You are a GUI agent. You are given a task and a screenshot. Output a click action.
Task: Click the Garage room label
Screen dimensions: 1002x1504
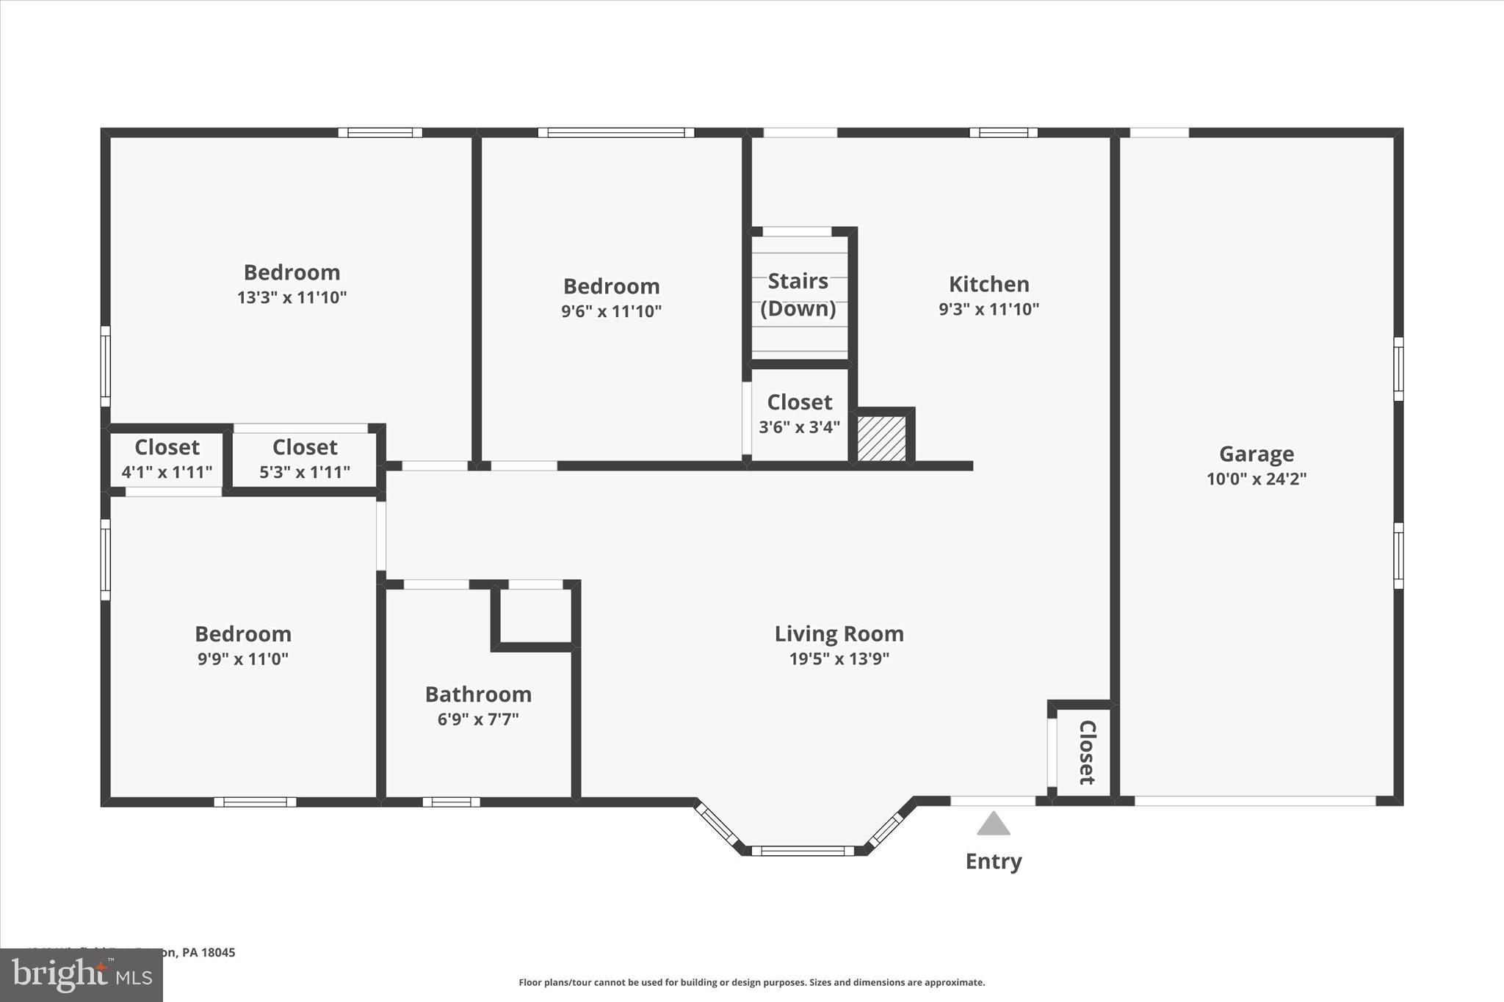tap(1256, 454)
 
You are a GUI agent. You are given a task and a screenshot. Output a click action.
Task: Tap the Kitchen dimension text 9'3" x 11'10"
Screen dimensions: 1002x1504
tap(988, 309)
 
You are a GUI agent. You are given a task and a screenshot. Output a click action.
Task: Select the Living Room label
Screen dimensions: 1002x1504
tap(839, 633)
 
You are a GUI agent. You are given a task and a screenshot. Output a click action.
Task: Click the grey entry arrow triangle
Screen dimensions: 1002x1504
tap(993, 824)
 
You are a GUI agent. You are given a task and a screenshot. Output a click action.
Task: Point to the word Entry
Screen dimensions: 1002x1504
tap(993, 861)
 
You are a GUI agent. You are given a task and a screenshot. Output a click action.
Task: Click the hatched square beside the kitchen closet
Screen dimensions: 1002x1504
tap(882, 439)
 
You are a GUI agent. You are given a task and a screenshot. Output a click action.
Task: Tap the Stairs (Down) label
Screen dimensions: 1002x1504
tap(798, 294)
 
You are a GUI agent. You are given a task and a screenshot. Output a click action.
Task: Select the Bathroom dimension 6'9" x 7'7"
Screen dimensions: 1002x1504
tap(478, 719)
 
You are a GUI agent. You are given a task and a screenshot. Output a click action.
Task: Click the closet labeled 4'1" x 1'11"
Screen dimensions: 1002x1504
tap(167, 460)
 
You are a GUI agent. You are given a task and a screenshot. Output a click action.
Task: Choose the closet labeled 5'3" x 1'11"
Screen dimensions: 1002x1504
tap(305, 460)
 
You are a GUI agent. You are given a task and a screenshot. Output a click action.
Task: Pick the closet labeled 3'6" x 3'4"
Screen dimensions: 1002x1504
tap(799, 414)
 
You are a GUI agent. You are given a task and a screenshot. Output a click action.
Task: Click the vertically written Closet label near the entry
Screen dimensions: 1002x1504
tap(1087, 752)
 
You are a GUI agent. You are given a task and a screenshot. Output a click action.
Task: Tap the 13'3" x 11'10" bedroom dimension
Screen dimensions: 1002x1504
tap(292, 298)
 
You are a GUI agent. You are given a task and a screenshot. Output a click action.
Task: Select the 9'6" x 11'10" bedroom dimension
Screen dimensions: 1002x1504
tap(611, 311)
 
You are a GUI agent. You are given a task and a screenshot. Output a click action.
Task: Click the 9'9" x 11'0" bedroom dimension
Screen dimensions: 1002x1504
tap(243, 659)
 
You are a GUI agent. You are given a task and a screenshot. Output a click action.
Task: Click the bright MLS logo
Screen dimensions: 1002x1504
tap(82, 975)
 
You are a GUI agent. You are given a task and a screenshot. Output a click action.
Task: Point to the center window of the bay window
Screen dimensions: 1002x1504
tap(803, 851)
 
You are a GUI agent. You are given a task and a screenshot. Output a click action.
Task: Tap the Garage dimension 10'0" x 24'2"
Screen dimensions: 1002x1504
tap(1256, 479)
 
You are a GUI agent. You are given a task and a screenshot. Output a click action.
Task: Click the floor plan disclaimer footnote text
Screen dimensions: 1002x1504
tap(751, 982)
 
